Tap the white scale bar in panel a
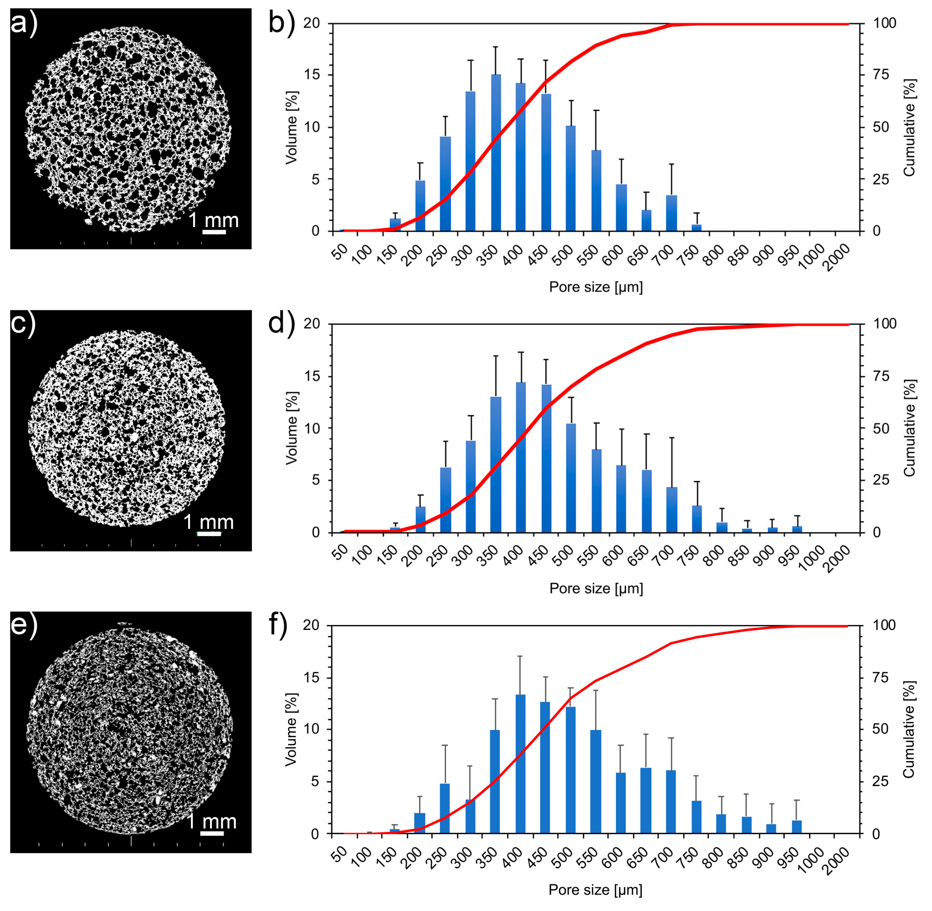tap(214, 232)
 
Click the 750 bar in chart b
tap(697, 228)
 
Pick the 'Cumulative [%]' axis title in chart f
tap(908, 730)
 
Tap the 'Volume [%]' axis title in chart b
tap(291, 127)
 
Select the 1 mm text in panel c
tap(209, 522)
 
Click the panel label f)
tap(278, 624)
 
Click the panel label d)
tap(281, 324)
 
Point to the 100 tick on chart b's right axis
tap(884, 23)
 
